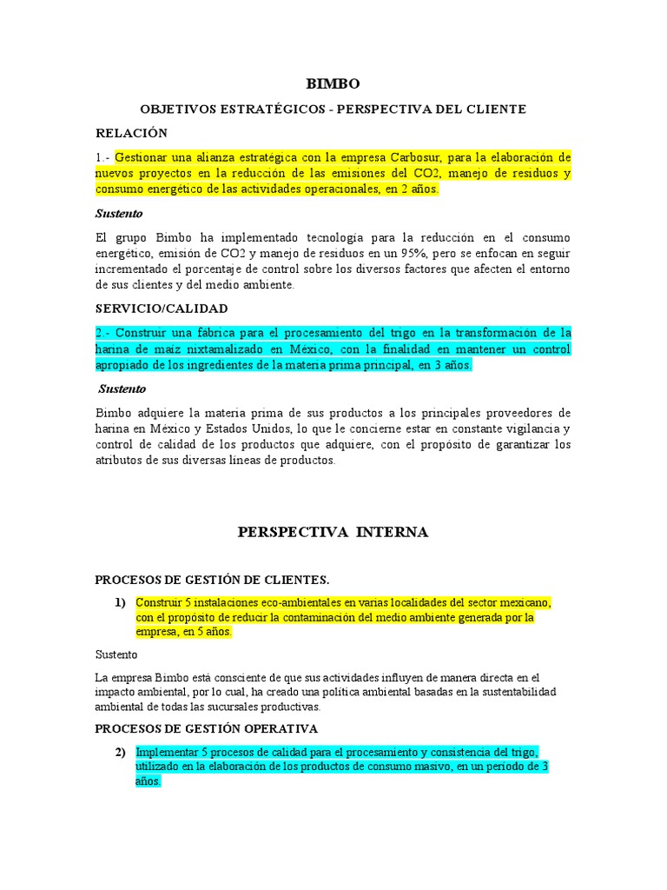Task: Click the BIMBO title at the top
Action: (x=333, y=83)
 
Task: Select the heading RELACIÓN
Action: (x=130, y=133)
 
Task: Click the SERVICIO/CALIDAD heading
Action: (x=161, y=309)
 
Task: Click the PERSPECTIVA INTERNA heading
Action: (x=333, y=532)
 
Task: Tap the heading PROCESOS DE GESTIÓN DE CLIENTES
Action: (x=212, y=580)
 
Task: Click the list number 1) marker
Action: (x=119, y=602)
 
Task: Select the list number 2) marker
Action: (x=119, y=752)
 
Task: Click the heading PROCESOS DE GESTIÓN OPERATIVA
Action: (x=206, y=728)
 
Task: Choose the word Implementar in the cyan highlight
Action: (x=165, y=752)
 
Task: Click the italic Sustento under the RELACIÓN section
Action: (x=118, y=213)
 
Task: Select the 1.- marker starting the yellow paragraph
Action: (x=102, y=157)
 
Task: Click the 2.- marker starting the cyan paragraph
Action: (x=102, y=333)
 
